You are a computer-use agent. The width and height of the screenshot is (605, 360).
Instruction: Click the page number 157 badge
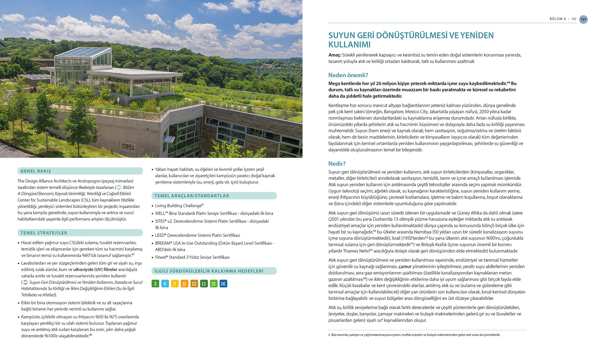583,19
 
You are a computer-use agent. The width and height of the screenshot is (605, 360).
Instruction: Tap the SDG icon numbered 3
155,284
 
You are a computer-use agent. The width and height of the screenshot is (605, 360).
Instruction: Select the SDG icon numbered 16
223,284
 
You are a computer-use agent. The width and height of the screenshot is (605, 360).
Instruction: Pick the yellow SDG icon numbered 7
174,284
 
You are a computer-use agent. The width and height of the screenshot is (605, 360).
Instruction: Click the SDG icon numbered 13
204,284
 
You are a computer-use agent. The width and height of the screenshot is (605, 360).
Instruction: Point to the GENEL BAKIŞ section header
36,171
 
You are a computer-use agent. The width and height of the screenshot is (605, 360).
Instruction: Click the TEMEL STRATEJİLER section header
44,233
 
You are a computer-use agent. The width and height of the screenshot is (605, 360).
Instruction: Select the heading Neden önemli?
348,75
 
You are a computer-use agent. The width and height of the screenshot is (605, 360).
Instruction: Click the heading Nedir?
337,163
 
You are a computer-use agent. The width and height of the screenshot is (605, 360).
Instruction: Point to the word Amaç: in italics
335,55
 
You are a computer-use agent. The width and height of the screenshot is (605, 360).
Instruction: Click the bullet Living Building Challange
179,206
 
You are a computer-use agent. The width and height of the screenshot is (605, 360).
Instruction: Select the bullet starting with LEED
197,235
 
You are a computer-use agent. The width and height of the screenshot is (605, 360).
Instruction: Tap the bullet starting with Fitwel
192,257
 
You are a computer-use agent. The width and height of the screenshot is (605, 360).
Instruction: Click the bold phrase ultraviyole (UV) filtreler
95,270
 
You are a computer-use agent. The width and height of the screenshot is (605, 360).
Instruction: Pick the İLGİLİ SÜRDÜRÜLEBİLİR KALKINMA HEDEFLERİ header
209,271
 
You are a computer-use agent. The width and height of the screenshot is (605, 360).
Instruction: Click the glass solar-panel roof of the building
84,52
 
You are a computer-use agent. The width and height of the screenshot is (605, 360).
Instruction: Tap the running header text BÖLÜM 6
557,19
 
